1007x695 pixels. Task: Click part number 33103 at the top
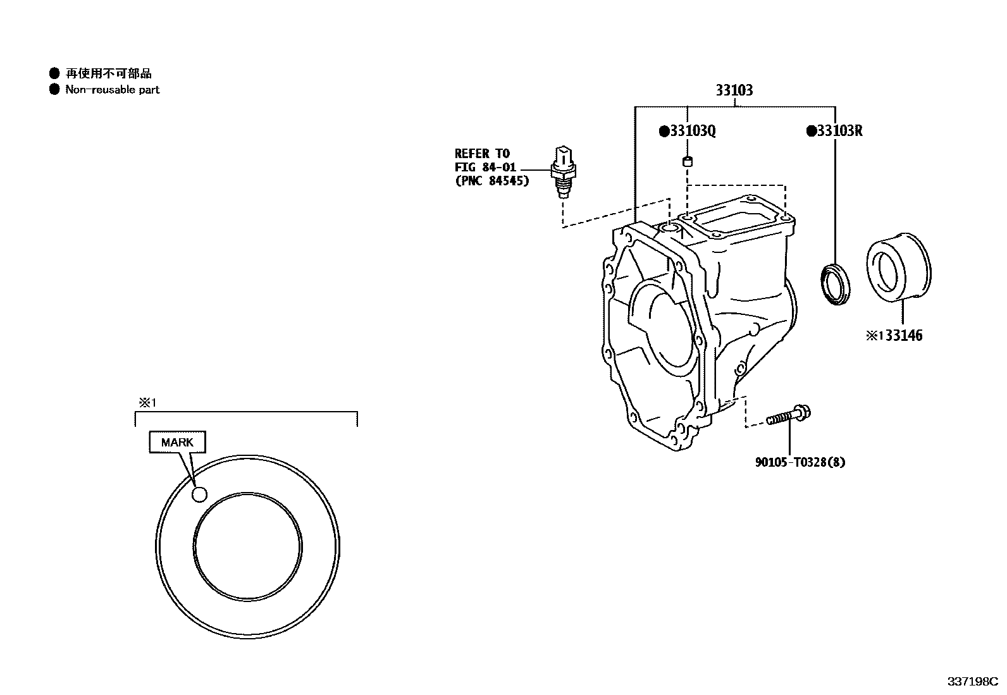734,90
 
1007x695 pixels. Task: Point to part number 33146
903,336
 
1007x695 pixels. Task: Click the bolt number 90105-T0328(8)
800,462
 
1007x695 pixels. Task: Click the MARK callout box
177,442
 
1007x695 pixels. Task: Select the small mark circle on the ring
199,495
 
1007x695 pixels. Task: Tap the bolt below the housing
789,416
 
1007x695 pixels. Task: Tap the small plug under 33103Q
687,161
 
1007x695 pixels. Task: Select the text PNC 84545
492,181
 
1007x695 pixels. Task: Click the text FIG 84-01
485,168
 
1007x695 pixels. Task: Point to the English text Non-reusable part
113,90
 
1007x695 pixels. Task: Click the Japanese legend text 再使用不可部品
109,73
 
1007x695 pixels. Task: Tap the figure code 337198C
972,681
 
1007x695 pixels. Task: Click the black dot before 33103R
810,132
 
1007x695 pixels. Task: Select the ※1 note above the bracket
147,403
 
